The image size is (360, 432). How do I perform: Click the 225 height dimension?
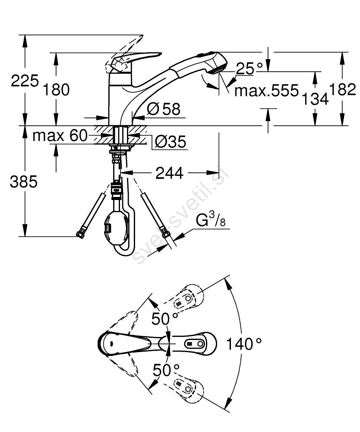click(x=25, y=80)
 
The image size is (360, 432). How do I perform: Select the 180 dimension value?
click(x=57, y=90)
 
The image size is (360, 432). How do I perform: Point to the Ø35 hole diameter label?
click(x=170, y=141)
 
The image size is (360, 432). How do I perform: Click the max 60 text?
click(x=60, y=136)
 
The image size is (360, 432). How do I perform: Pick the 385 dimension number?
click(x=23, y=182)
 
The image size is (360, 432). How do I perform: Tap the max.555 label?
click(x=266, y=91)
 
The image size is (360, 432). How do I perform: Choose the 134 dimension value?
click(x=314, y=100)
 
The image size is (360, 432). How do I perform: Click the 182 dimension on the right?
click(x=343, y=90)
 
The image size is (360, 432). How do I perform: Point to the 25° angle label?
click(x=249, y=68)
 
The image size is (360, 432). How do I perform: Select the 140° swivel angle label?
click(x=244, y=344)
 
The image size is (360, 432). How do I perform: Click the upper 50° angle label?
click(x=164, y=319)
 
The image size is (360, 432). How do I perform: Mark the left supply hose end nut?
click(x=79, y=235)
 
